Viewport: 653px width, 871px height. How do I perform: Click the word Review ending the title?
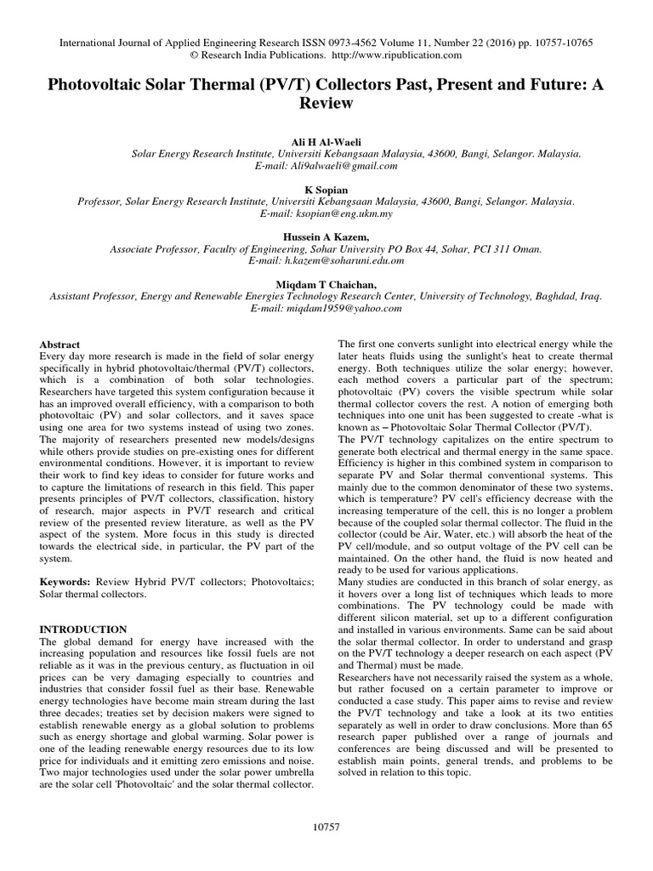pos(326,102)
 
